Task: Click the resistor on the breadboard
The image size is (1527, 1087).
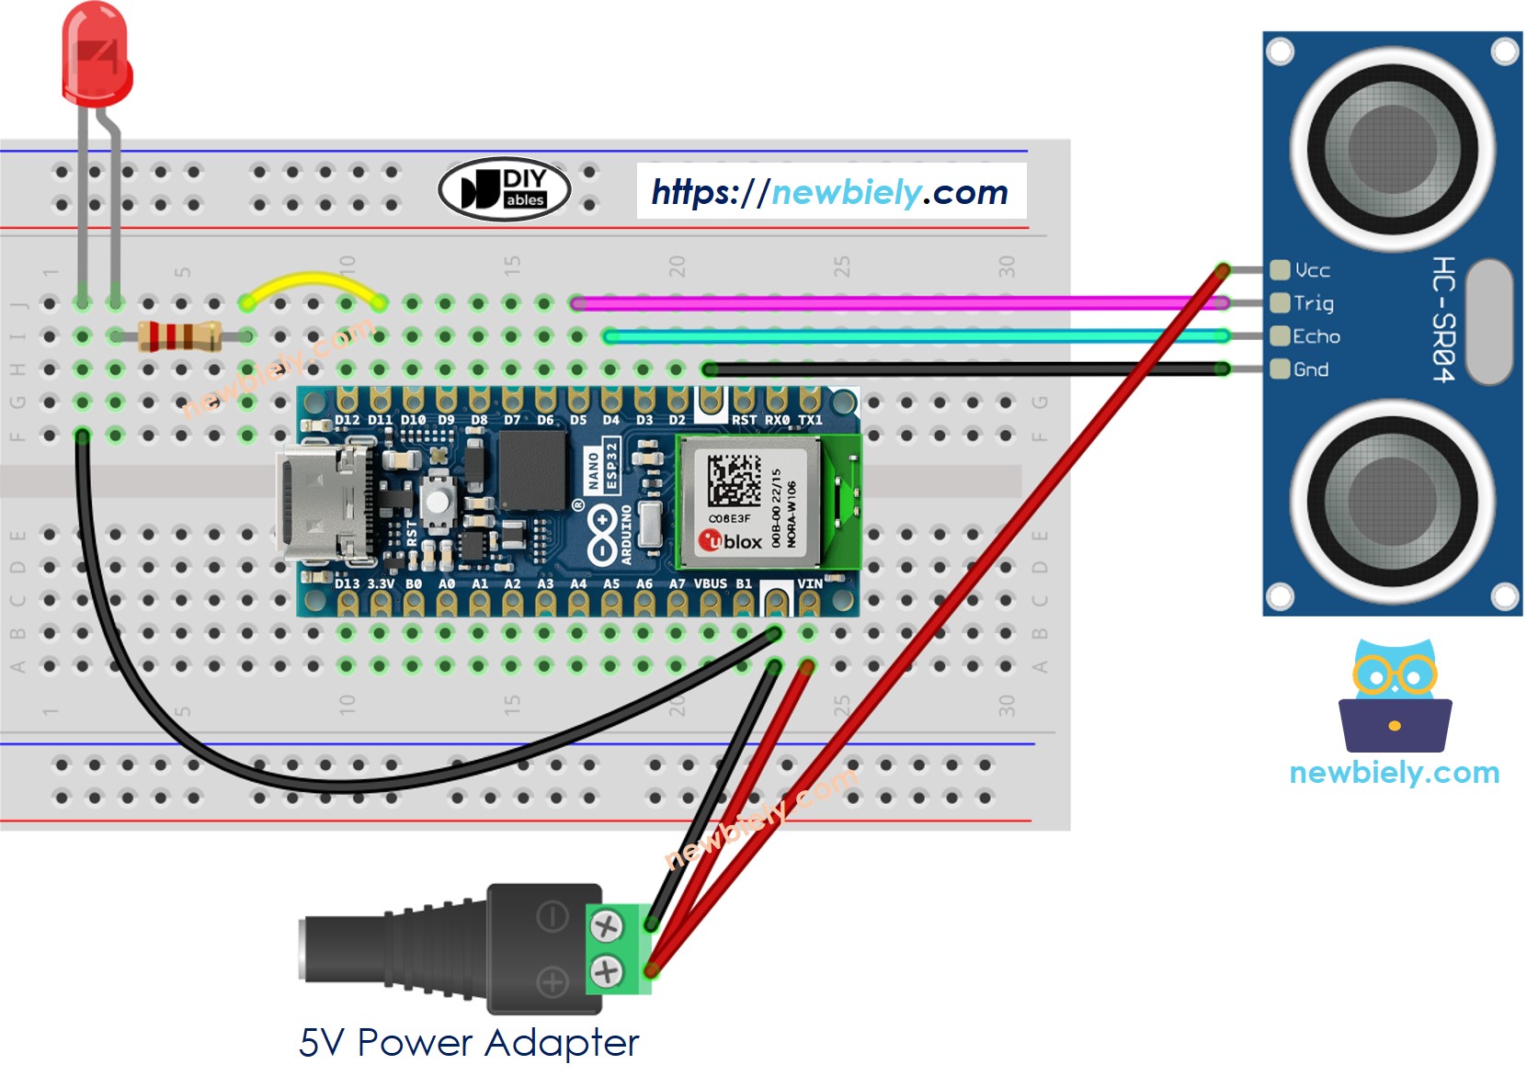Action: (x=180, y=336)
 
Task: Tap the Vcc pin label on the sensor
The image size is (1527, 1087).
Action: (x=1312, y=270)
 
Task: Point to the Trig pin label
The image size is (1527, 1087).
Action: (x=1313, y=303)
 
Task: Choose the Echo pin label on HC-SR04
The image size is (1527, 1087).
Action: (x=1316, y=336)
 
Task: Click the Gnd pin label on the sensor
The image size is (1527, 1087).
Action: (x=1310, y=369)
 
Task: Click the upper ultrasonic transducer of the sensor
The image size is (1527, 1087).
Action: (x=1392, y=149)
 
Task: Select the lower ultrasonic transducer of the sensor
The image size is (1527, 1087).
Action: (x=1392, y=501)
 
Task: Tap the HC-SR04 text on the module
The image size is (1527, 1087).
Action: (x=1444, y=319)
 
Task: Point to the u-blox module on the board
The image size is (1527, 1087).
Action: (x=749, y=502)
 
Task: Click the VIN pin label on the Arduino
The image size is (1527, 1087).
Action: (x=809, y=583)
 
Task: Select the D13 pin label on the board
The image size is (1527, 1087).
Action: (x=347, y=583)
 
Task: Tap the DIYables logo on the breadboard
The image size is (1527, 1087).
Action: (x=505, y=189)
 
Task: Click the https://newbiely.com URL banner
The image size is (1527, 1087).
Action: (x=830, y=192)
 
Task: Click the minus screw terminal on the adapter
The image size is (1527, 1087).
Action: (x=606, y=926)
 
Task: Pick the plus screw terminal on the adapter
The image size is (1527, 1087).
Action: (x=606, y=970)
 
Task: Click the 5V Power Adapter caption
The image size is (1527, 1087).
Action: (x=468, y=1043)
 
